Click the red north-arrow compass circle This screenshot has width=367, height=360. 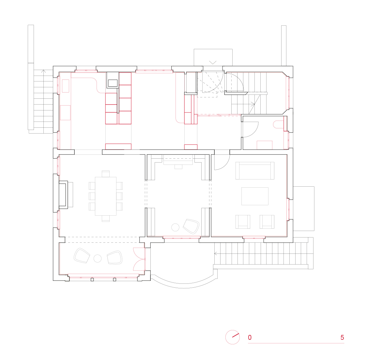point(233,337)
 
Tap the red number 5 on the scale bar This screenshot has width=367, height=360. point(342,338)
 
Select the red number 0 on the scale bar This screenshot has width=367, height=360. point(250,338)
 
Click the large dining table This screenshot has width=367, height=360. point(106,196)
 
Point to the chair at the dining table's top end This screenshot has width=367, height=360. point(105,174)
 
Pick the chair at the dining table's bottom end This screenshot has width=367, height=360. point(105,218)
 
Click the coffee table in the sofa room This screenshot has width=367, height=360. point(255,196)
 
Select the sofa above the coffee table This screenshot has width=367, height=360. point(255,170)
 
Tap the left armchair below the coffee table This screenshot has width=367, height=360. point(243,222)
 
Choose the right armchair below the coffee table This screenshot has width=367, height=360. point(267,222)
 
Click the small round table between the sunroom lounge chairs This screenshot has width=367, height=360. point(98,258)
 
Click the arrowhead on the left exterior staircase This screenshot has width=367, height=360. point(43,71)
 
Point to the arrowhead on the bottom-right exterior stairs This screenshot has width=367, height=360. point(216,253)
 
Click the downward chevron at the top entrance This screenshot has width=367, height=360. point(213,62)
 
